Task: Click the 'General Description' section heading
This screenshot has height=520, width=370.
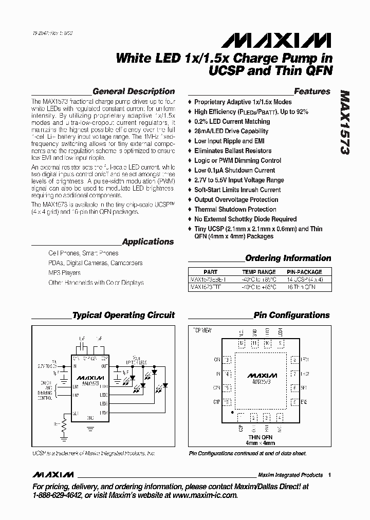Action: pos(134,91)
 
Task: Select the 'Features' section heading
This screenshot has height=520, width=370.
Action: pos(312,91)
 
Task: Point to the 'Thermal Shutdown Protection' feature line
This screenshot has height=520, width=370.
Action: pos(235,209)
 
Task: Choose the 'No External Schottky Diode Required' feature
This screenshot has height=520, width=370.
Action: pos(245,219)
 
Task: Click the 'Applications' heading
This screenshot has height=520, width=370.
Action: pos(148,242)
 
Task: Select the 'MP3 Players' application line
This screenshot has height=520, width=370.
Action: pos(64,273)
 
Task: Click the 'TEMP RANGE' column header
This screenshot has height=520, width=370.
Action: pos(259,272)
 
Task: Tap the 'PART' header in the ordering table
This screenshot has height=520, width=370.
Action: pos(210,272)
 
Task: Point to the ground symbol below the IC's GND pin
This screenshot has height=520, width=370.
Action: pos(90,426)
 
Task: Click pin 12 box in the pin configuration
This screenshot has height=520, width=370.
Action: pos(242,343)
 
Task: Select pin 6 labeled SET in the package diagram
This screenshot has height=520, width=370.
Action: pos(294,388)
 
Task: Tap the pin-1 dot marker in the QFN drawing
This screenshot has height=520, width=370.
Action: pos(233,412)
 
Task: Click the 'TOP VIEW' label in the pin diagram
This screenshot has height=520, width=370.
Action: pos(202,329)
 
